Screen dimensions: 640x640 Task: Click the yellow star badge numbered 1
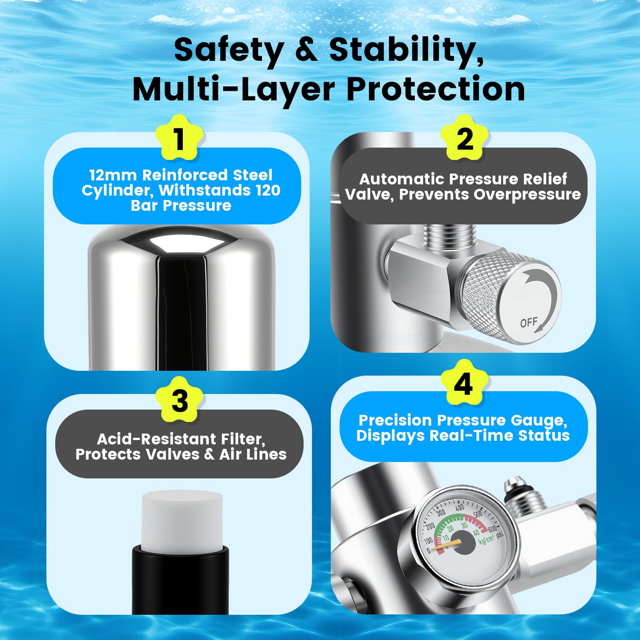pyautogui.click(x=180, y=138)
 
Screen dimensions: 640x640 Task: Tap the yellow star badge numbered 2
pyautogui.click(x=464, y=138)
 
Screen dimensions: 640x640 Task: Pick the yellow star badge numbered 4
pyautogui.click(x=464, y=383)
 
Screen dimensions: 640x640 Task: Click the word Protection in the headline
pyautogui.click(x=436, y=89)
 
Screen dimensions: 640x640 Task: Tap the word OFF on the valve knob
pyautogui.click(x=529, y=322)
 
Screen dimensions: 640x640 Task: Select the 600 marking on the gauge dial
pyautogui.click(x=492, y=530)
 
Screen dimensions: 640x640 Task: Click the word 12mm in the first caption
pyautogui.click(x=113, y=175)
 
